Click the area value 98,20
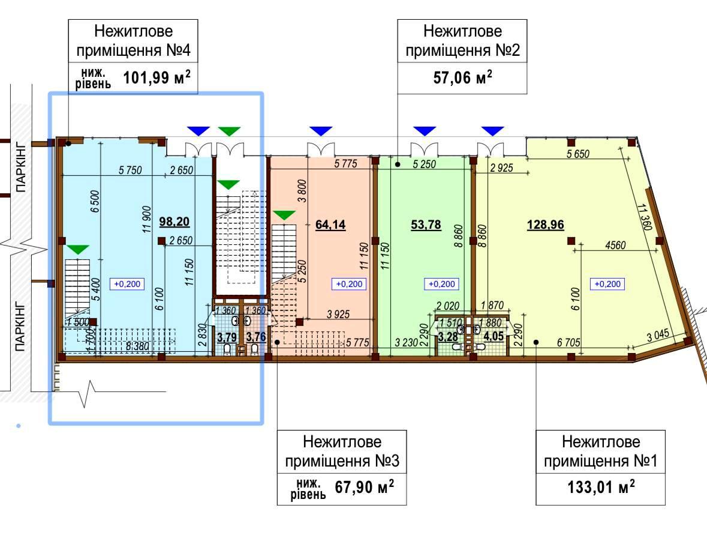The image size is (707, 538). click(175, 222)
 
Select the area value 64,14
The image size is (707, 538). click(330, 225)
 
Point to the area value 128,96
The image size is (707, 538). click(546, 225)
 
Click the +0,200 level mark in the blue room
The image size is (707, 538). click(127, 284)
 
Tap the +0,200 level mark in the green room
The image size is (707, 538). click(441, 284)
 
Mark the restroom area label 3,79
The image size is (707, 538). click(227, 337)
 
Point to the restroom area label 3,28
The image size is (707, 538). click(448, 336)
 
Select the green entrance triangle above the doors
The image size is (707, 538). click(228, 131)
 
